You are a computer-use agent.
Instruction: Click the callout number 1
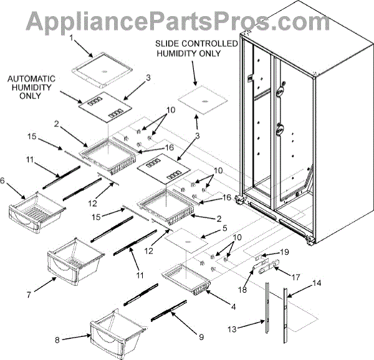pos(72,39)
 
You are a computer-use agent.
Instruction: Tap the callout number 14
pos(317,283)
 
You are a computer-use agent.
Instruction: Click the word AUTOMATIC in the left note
pos(31,78)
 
